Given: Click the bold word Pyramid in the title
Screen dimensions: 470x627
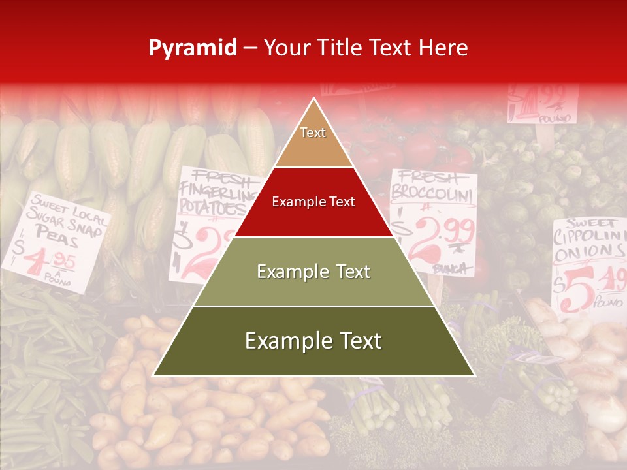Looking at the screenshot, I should point(192,48).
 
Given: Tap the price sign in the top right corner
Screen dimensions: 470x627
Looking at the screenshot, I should point(543,103).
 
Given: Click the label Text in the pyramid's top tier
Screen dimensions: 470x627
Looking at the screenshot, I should point(313,133).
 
